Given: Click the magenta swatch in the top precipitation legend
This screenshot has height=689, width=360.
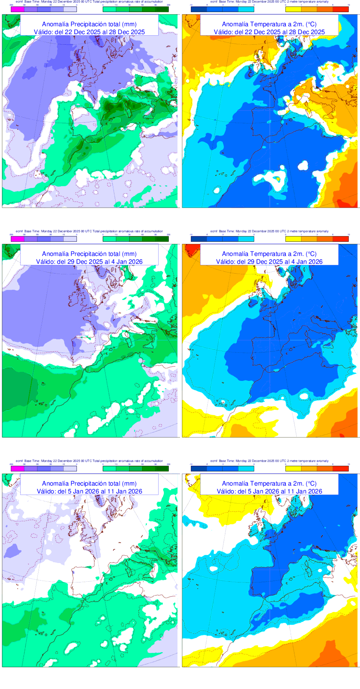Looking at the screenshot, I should (x=18, y=9).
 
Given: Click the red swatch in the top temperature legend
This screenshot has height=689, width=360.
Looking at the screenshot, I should (x=341, y=9).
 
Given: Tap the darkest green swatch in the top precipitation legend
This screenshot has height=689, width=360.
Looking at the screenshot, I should (x=162, y=9).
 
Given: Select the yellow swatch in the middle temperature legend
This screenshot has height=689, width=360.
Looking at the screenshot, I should (x=293, y=239).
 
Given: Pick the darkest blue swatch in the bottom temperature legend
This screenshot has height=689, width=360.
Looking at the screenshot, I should (x=198, y=468).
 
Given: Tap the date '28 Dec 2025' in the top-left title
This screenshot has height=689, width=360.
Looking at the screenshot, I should (x=128, y=32).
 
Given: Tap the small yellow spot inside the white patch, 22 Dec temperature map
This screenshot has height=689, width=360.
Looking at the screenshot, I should (x=278, y=179).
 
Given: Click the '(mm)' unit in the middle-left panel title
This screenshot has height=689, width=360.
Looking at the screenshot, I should (x=129, y=254).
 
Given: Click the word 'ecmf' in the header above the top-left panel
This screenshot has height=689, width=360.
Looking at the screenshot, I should (x=19, y=2).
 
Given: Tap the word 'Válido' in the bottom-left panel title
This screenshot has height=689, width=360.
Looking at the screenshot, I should (x=45, y=491).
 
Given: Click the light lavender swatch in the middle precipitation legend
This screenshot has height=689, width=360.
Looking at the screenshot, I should (x=70, y=239).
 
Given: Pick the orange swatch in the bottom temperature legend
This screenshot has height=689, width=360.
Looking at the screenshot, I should (x=309, y=468).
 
